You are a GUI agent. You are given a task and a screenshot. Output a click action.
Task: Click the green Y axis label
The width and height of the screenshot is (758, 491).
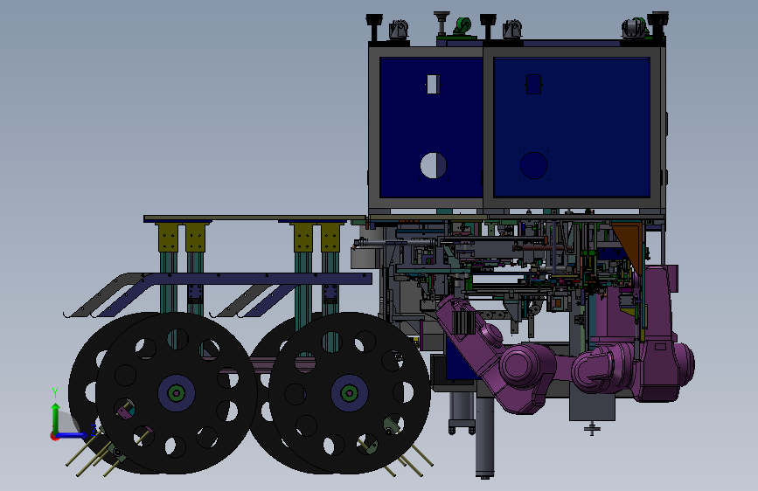pyautogui.click(x=55, y=393)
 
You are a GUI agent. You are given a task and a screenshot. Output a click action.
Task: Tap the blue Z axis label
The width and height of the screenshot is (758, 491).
pyautogui.click(x=94, y=429)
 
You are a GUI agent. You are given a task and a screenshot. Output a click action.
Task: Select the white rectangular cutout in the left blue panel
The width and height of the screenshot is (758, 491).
pyautogui.click(x=434, y=84)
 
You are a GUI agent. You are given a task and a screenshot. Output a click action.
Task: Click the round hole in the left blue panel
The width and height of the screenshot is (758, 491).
pyautogui.click(x=434, y=165)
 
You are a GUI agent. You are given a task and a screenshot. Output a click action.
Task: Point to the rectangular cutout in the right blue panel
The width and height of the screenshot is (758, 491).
pyautogui.click(x=533, y=84)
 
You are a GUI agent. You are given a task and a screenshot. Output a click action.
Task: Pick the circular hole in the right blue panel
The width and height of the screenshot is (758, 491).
pyautogui.click(x=533, y=165)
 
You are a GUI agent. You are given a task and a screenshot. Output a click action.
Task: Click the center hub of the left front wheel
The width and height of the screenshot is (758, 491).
pyautogui.click(x=176, y=393)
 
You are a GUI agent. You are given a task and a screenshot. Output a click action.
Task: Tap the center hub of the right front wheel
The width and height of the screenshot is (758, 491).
pyautogui.click(x=349, y=393)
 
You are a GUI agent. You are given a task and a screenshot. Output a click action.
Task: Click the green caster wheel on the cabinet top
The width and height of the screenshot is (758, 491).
pyautogui.click(x=462, y=25)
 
